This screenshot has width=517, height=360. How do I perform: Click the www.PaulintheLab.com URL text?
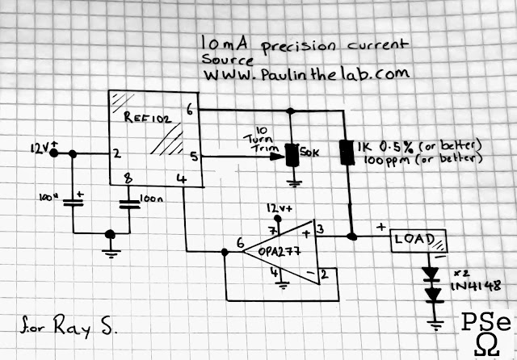pos(307,74)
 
